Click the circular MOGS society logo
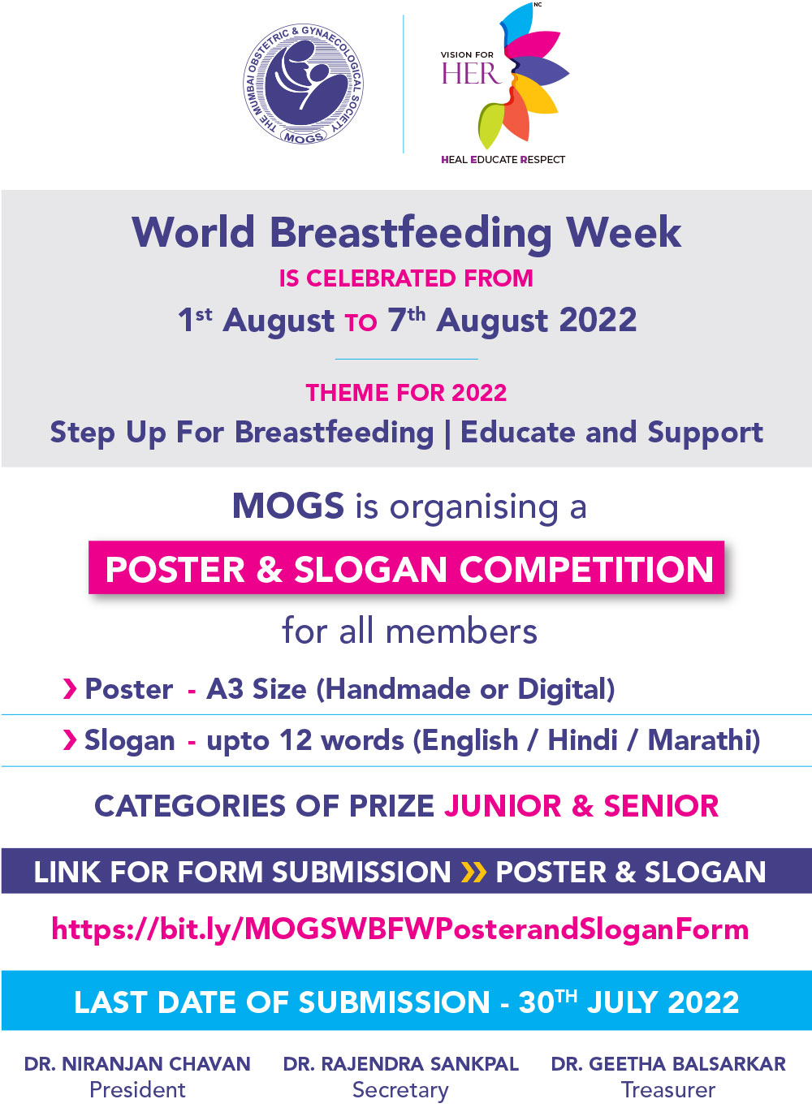[303, 84]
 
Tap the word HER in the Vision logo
[471, 74]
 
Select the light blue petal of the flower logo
[516, 23]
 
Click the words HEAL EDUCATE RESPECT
[503, 159]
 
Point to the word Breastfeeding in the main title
[411, 233]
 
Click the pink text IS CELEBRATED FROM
[406, 278]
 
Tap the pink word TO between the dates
[361, 322]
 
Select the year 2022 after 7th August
[598, 320]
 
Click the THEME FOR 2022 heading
[406, 393]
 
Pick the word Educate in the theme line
[517, 432]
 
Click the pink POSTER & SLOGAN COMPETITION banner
[406, 567]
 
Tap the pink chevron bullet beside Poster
[70, 689]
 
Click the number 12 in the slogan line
[296, 741]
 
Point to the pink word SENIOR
[661, 806]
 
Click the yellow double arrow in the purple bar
[473, 873]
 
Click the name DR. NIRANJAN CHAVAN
[137, 1064]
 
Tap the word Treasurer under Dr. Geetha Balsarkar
[668, 1089]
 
